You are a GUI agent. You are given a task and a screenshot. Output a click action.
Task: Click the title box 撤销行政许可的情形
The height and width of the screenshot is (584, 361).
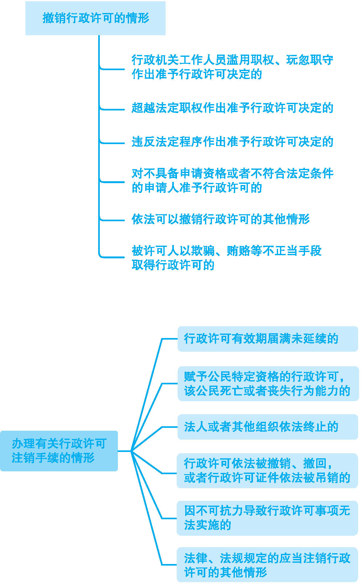coord(95,18)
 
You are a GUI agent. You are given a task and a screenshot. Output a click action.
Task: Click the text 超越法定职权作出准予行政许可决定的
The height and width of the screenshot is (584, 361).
coord(232,108)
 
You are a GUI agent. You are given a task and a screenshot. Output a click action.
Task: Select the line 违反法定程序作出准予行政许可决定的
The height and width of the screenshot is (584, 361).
coord(232,142)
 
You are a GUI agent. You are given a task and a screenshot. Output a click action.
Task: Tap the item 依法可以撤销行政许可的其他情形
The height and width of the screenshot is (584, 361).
coord(221,219)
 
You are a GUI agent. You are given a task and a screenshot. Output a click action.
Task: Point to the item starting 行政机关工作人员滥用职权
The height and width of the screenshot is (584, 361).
coord(232,67)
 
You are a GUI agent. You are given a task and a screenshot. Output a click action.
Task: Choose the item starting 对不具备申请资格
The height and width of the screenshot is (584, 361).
coord(232,181)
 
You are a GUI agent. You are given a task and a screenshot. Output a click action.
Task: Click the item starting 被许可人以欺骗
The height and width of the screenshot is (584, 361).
coord(226,258)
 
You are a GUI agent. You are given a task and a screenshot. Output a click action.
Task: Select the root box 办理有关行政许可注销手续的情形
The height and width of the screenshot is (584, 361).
coord(59,451)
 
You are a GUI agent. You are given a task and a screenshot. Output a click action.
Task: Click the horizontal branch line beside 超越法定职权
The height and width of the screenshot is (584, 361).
coord(113,109)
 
